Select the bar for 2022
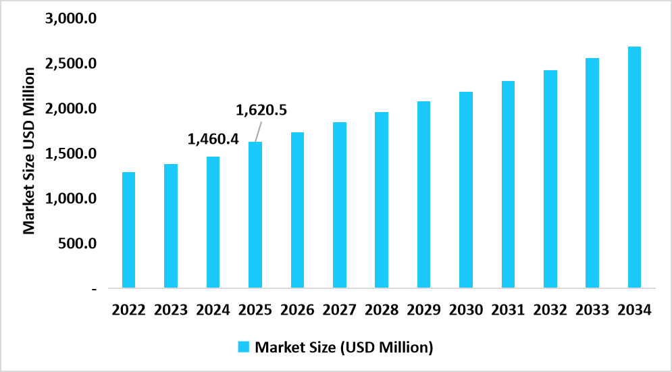click(128, 230)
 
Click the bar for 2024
click(213, 222)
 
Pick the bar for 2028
click(381, 200)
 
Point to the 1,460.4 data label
click(213, 140)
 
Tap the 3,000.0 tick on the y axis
click(72, 18)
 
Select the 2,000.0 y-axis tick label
click(72, 109)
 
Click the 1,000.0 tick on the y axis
click(72, 198)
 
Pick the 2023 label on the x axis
click(171, 310)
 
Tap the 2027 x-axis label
click(339, 310)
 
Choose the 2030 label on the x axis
click(465, 310)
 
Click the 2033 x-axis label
click(592, 310)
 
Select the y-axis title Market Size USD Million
click(29, 151)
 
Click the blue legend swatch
click(244, 347)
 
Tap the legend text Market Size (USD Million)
click(343, 348)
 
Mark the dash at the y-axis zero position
click(94, 289)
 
